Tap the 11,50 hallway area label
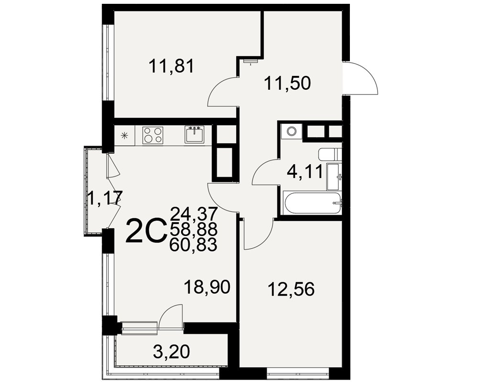tap(287, 83)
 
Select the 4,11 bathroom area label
tap(304, 172)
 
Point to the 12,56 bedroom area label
tap(291, 289)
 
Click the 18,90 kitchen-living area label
tap(207, 287)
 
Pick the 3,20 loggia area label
tap(172, 352)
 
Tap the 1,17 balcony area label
tap(105, 198)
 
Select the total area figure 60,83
tap(194, 244)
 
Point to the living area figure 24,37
tap(194, 213)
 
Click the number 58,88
tap(194, 229)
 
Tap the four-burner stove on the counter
tap(153, 135)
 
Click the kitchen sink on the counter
tap(194, 134)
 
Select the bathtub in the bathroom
tap(313, 203)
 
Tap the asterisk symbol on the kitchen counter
tap(124, 136)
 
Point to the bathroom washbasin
tap(335, 176)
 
